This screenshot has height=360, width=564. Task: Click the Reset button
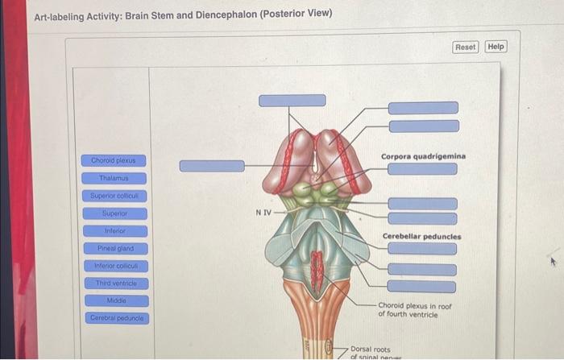(x=466, y=47)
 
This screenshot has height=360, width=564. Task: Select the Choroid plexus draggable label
(x=113, y=160)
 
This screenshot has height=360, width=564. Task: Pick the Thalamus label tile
(x=113, y=178)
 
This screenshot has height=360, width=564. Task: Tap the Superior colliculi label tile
(x=113, y=196)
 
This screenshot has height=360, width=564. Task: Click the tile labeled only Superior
(x=114, y=213)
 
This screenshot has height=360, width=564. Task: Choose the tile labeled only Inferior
(x=114, y=231)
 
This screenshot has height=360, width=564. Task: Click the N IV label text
(x=263, y=213)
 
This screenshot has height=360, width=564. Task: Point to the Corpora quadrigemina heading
(x=423, y=155)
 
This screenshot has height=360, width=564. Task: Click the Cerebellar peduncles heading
(x=421, y=237)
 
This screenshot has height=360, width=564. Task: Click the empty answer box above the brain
(x=292, y=101)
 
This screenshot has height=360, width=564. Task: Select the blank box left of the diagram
(x=211, y=166)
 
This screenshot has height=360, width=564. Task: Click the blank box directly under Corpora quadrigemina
(x=422, y=169)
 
